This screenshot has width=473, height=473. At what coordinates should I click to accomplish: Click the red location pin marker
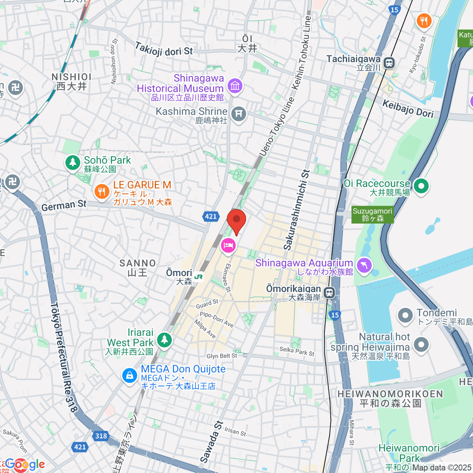tap(236, 220)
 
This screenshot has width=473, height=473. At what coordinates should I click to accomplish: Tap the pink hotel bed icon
tap(228, 246)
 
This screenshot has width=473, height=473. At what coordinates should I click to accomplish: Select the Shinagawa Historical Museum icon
tap(235, 86)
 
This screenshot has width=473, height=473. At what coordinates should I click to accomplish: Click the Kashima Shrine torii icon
tap(238, 114)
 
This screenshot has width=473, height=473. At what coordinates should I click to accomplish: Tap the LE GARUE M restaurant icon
tap(102, 192)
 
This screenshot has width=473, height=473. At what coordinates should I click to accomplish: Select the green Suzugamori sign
tap(372, 215)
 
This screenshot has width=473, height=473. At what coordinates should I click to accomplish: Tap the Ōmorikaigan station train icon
tap(329, 292)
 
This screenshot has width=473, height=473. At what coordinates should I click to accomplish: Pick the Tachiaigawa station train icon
tap(389, 62)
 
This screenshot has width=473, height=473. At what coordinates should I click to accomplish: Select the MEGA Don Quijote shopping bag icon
tap(129, 375)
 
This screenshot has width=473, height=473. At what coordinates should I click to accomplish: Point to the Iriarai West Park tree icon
tap(164, 339)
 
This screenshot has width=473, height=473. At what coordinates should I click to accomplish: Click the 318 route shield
tap(101, 436)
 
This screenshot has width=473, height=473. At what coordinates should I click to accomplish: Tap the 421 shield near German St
tap(211, 216)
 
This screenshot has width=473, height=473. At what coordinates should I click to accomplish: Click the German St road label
tap(63, 205)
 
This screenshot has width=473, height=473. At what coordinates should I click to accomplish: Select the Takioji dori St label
tap(164, 49)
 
